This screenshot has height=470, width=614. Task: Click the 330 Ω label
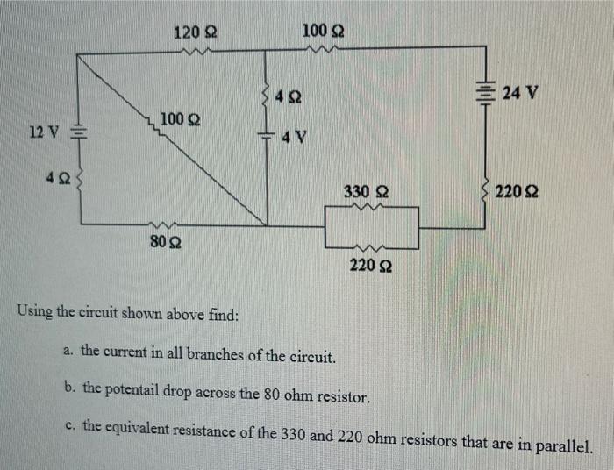point(367,190)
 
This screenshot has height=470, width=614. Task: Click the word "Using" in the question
point(35,312)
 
